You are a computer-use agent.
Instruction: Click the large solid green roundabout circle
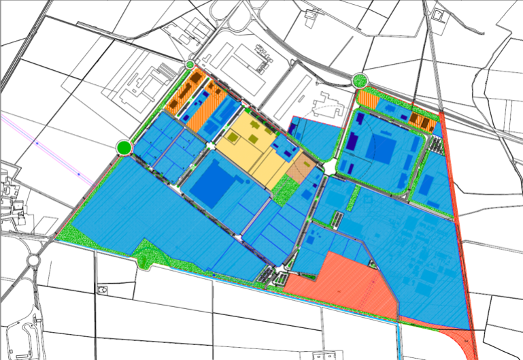pyautogui.click(x=123, y=147)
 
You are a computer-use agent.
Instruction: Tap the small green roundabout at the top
pyautogui.click(x=190, y=65)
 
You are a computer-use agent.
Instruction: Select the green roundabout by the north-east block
pyautogui.click(x=359, y=80)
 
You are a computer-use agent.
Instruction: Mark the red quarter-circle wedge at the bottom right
pyautogui.click(x=463, y=344)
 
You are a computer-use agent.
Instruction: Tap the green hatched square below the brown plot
pyautogui.click(x=285, y=192)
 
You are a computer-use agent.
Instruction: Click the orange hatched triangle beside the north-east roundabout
pyautogui.click(x=367, y=99)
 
